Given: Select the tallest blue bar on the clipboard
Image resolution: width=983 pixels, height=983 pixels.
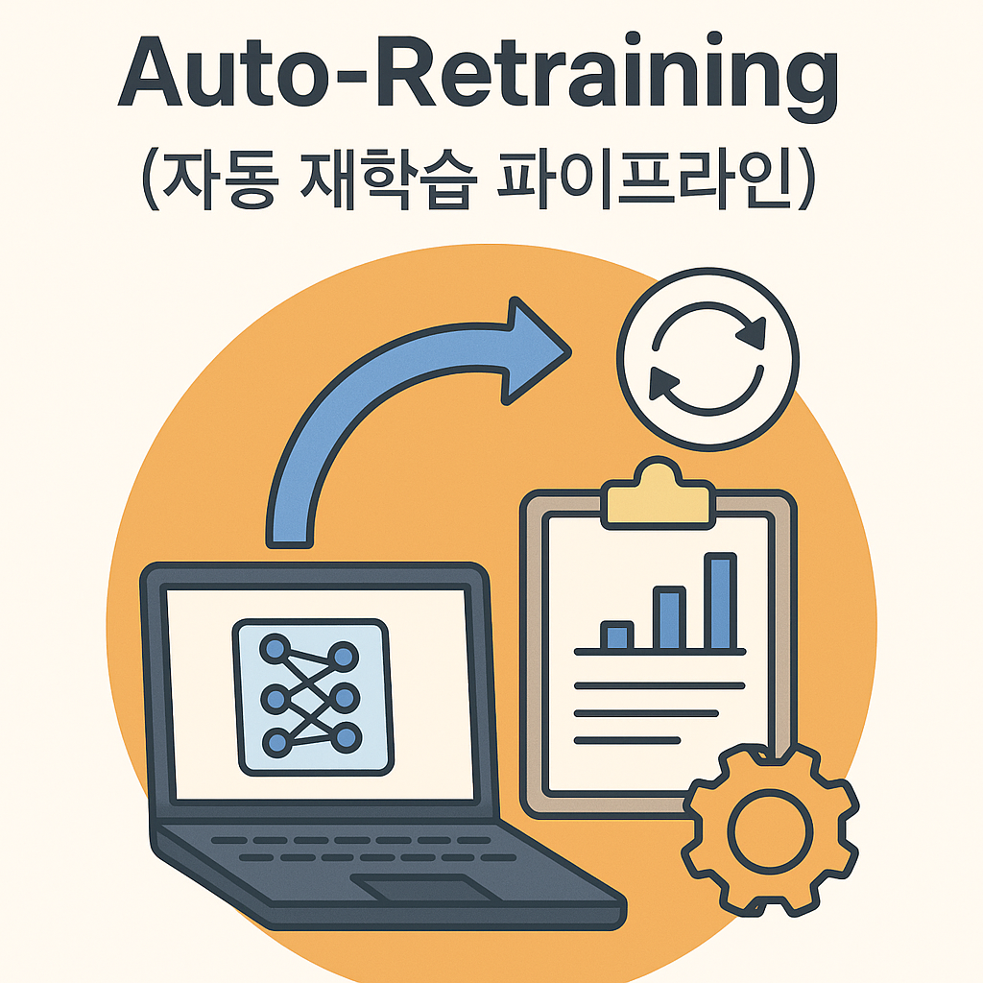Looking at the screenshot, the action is coord(719,602).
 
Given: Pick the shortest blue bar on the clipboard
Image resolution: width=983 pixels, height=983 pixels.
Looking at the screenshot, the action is coord(616,635).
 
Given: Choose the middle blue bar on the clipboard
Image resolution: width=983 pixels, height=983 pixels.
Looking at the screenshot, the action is coord(668,620).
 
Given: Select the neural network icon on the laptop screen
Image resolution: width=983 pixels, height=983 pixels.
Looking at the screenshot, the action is coord(312,696).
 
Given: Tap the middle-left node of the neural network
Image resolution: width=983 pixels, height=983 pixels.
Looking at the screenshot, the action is coord(276,696).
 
